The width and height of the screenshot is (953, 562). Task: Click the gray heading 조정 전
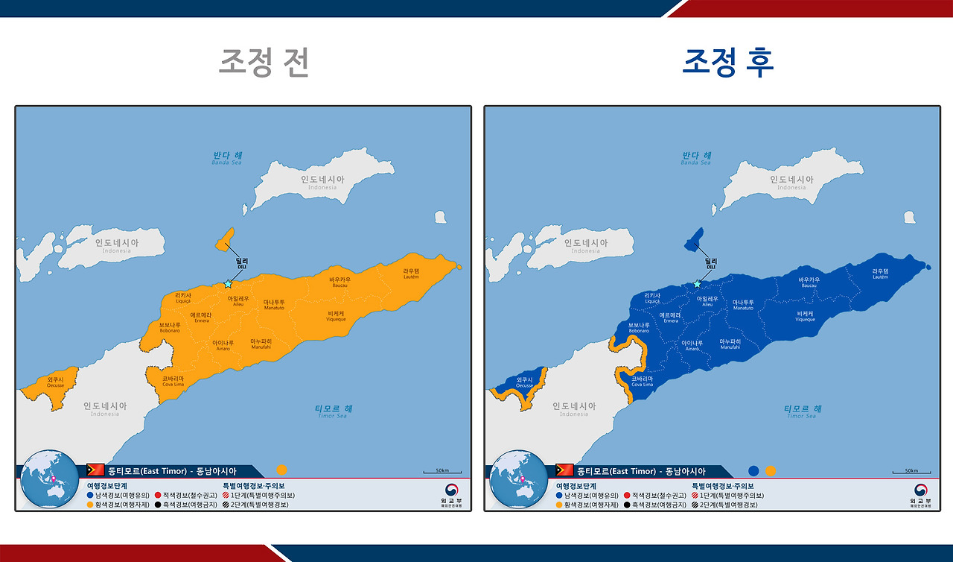[x=264, y=63]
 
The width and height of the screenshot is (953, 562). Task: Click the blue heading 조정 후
[x=728, y=63]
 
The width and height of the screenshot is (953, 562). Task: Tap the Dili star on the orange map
[x=228, y=284]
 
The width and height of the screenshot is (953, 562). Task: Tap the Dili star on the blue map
[x=697, y=284]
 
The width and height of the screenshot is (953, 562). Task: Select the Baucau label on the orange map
[x=340, y=282]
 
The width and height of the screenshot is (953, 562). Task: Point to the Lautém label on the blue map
[x=880, y=274]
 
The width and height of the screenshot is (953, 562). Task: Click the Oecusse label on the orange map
[x=56, y=382]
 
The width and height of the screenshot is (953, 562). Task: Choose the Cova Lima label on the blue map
[x=642, y=381]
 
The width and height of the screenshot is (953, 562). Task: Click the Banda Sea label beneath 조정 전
[x=227, y=158]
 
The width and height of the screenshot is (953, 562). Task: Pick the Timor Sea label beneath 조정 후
[x=803, y=411]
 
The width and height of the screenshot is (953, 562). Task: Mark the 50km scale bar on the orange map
[x=442, y=471]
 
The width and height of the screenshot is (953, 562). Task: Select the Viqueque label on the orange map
[x=336, y=316]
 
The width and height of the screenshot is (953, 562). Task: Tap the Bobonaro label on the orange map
[x=170, y=327]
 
